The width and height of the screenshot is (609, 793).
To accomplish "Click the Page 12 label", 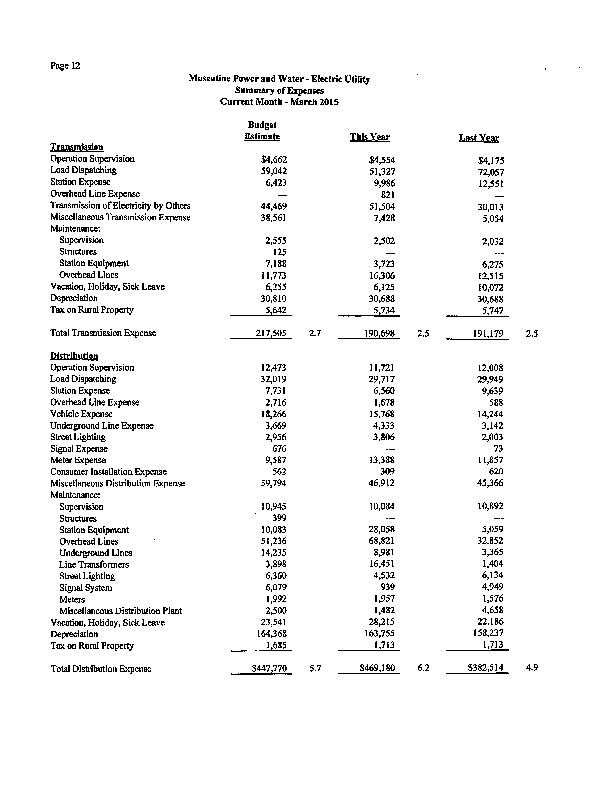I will (x=65, y=66).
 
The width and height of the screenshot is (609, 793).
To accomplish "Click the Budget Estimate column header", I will (x=262, y=131).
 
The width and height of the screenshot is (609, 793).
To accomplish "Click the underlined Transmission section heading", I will (x=77, y=147).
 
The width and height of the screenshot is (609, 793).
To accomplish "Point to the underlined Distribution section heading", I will (x=74, y=356).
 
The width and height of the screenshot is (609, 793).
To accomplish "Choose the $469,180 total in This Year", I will (x=377, y=668).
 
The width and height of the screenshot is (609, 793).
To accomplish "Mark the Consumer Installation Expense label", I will (x=108, y=472).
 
